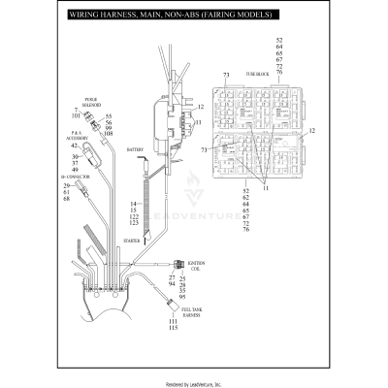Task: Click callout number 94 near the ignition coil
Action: tap(173, 285)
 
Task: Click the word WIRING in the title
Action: tap(84, 16)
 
